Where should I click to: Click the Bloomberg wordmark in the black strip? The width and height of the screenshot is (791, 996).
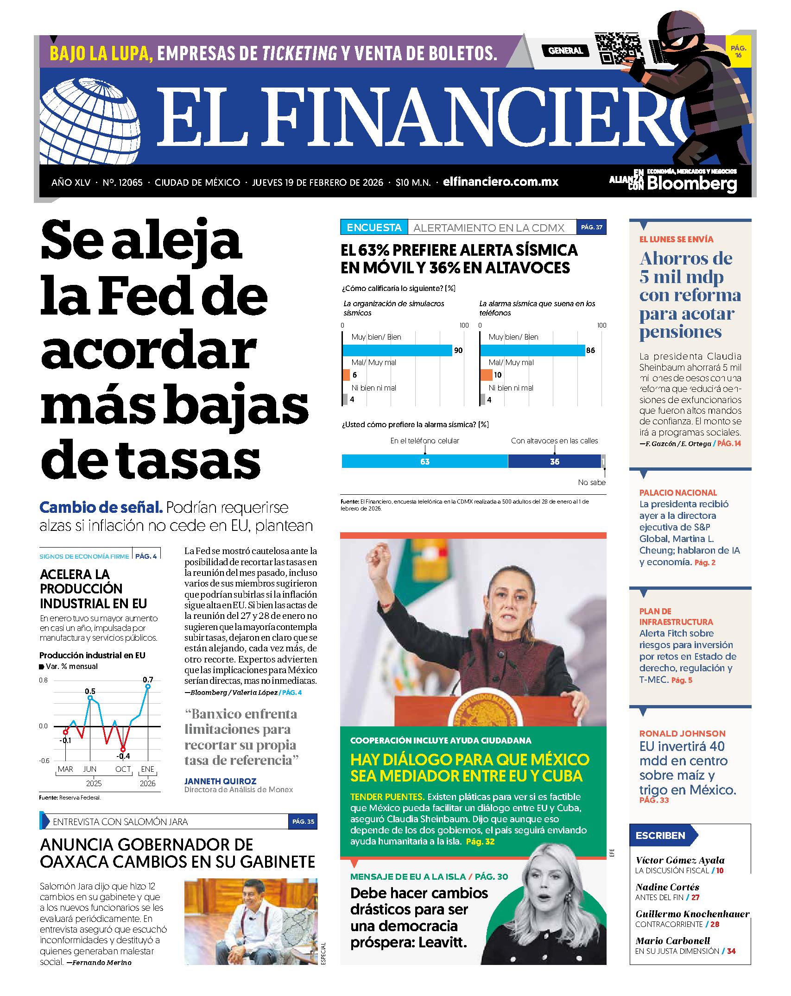point(692,183)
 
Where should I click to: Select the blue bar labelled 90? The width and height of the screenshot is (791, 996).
point(397,350)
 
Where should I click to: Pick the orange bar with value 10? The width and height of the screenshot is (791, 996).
point(486,375)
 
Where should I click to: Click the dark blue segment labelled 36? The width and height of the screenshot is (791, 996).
point(554,461)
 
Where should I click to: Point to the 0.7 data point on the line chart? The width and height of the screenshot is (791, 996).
point(148,687)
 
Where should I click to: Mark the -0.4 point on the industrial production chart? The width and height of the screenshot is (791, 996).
point(123,749)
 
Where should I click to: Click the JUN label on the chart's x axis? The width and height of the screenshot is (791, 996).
point(90,769)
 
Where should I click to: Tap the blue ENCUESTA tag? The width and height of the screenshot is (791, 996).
point(374,227)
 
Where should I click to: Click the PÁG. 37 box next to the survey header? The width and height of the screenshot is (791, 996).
point(591,227)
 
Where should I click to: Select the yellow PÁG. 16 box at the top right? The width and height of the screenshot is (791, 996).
point(738,51)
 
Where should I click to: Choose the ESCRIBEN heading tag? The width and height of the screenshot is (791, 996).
point(661,836)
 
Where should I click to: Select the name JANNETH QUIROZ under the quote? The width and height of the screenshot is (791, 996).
point(220,781)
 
